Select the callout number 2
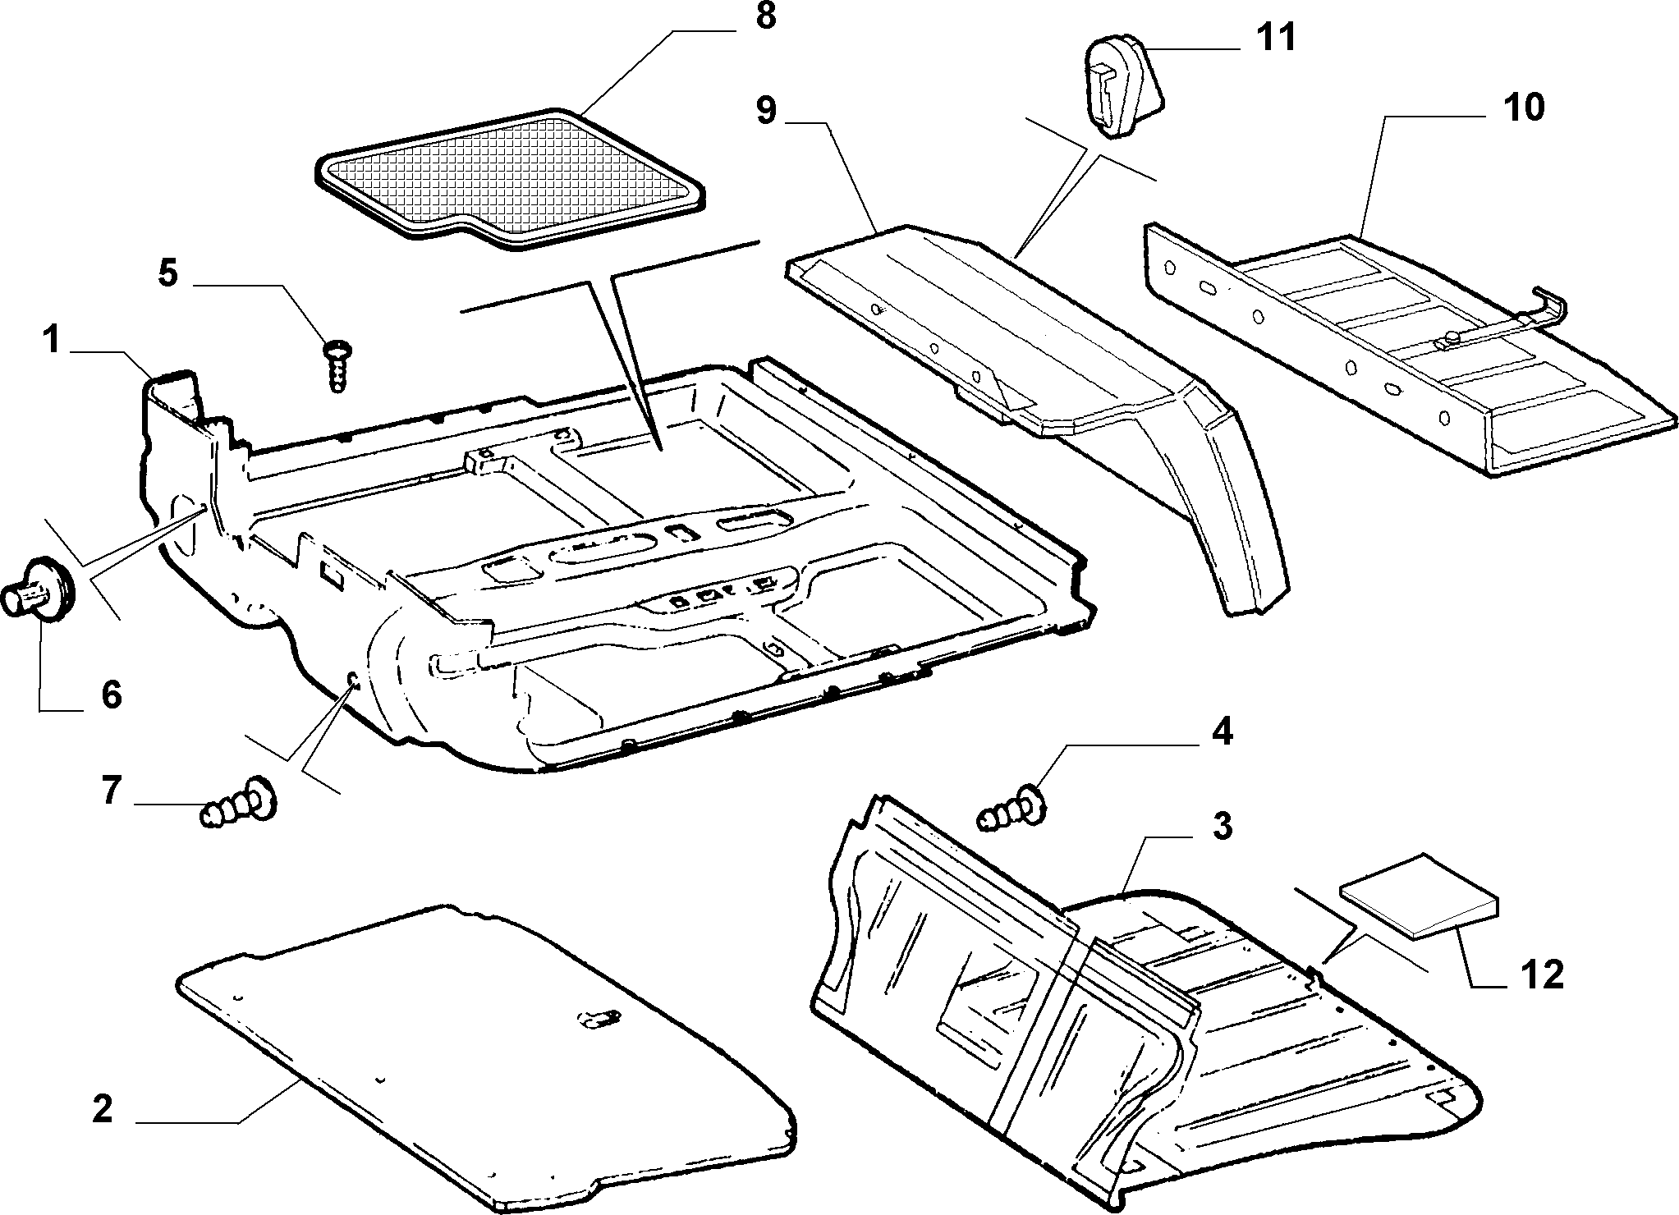coord(102,1110)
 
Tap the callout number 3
coord(1223,826)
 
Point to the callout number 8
coord(765,16)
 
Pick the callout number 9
coord(765,109)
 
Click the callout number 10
coord(1523,108)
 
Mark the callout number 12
coord(1541,975)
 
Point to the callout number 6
coord(112,695)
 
